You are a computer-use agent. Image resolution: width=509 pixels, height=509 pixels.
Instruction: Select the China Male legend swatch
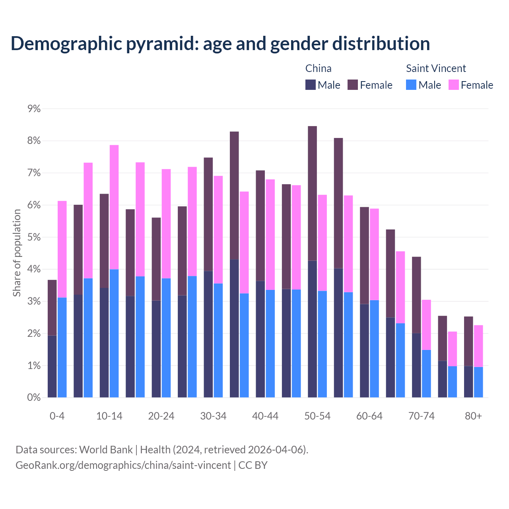pos(311,85)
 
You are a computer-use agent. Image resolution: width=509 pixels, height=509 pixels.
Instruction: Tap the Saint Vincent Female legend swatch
pos(453,85)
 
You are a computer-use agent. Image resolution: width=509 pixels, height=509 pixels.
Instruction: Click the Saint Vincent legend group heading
pos(436,68)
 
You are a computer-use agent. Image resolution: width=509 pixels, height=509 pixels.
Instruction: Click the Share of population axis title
pos(17,253)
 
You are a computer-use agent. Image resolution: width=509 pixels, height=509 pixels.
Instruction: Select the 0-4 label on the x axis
pos(57,416)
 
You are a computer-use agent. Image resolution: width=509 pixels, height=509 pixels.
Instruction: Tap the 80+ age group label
pos(473,416)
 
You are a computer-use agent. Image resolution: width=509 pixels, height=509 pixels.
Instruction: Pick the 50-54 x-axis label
pos(317,416)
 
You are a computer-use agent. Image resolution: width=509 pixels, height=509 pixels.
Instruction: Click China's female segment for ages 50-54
pos(313,193)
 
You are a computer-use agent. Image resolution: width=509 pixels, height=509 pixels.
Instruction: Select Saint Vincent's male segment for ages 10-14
pos(114,333)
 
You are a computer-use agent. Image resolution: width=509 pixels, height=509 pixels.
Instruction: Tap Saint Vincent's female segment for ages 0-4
pos(62,249)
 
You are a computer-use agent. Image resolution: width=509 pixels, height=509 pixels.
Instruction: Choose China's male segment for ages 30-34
pos(208,334)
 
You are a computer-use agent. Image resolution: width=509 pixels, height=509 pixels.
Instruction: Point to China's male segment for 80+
pos(468,382)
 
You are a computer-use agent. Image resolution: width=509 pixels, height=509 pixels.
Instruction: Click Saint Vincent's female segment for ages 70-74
pos(426,325)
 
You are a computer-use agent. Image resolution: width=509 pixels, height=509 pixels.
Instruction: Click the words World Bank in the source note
pos(106,450)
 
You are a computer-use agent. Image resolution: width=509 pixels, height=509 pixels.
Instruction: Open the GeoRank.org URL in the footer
pos(123,465)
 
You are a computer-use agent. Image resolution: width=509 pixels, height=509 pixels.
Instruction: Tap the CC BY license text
pos(253,465)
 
